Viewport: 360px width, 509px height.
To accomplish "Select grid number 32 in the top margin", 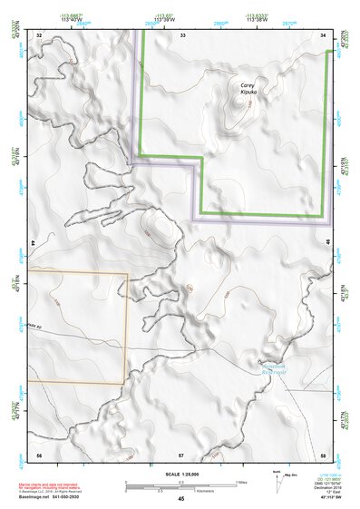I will pos(39,34).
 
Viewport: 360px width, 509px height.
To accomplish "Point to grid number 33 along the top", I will pos(181,34).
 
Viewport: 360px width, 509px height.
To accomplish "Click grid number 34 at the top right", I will pos(324,34).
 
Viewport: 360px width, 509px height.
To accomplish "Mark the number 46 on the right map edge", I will pos(327,243).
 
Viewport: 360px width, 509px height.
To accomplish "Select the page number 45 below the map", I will pos(181,498).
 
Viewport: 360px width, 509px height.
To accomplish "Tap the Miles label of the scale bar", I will pos(238,481).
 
